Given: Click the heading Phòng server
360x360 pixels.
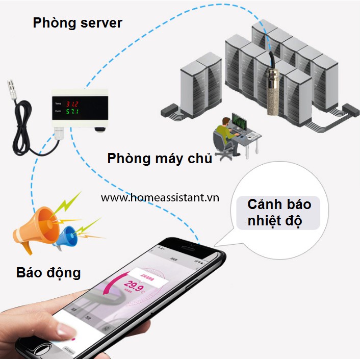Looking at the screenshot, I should [78, 23].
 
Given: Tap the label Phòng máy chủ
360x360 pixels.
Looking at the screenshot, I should [160, 158].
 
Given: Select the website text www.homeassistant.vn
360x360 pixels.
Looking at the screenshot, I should [160, 197].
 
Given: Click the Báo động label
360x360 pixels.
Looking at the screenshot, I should [48, 272].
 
